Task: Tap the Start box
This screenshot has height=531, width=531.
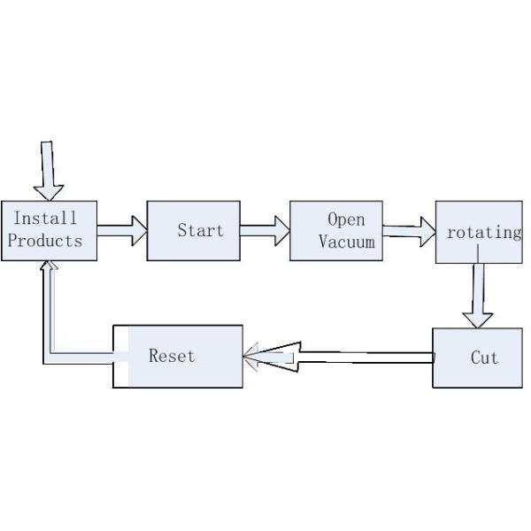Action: pos(193,231)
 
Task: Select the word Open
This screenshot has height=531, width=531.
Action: pos(346,219)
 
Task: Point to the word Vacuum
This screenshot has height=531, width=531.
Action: pos(346,241)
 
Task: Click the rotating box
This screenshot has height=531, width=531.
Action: pos(480,232)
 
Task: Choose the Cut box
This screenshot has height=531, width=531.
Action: pos(478,358)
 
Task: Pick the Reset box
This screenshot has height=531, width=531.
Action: pos(178,356)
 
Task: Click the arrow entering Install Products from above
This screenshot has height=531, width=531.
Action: pos(48,172)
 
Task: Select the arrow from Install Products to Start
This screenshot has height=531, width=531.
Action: pos(121,231)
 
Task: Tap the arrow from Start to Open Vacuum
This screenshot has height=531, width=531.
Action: pos(265,232)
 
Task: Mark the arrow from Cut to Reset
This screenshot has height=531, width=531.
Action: pos(354,358)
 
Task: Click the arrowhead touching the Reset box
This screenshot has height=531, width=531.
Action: pos(265,358)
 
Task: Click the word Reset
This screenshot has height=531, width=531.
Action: pos(172,356)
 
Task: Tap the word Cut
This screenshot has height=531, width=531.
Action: pos(484,358)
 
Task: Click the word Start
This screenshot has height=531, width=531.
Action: pos(200,231)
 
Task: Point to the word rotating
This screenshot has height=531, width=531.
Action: pos(484,233)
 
